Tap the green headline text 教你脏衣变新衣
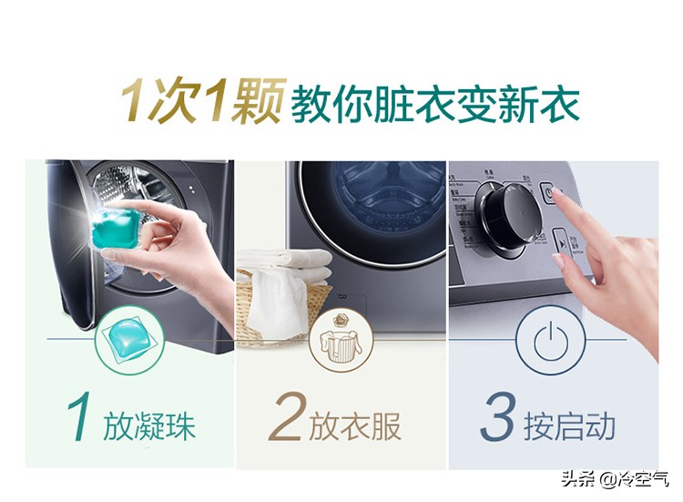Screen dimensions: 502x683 (434, 103)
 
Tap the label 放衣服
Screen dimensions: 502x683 (355, 425)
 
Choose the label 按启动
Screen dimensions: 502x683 (569, 425)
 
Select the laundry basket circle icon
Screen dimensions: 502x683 (341, 341)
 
